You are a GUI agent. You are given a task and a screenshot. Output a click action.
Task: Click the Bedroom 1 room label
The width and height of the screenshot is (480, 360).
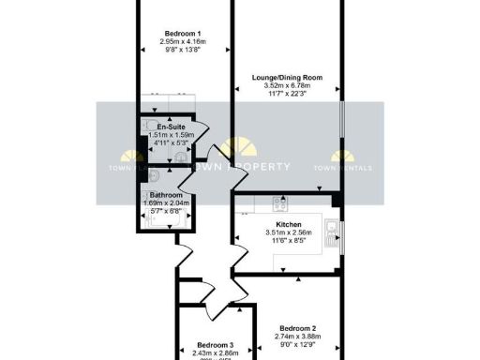[x=182, y=34]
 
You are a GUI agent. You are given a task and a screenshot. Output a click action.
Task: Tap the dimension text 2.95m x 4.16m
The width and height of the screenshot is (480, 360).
[x=182, y=42]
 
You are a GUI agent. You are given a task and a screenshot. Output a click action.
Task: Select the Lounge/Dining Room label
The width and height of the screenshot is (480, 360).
[x=287, y=77]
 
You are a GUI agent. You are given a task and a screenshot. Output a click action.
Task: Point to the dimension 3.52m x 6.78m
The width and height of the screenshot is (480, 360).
[x=287, y=85]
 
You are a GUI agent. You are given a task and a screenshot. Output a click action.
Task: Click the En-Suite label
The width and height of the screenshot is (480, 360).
[x=171, y=127]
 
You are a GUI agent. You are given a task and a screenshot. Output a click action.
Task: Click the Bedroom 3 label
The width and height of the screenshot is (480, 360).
[x=214, y=346]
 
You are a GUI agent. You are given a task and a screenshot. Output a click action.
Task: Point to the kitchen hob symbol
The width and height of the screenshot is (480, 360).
[x=278, y=204]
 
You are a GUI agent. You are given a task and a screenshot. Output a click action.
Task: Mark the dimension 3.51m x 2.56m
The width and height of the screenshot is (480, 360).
[x=288, y=233]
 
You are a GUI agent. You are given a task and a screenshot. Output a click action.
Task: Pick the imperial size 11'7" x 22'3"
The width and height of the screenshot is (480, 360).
[x=287, y=94]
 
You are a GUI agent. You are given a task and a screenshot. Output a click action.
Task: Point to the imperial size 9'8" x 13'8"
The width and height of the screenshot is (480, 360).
[x=182, y=51]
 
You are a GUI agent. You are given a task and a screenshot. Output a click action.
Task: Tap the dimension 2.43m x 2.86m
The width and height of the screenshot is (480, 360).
[x=214, y=354]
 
